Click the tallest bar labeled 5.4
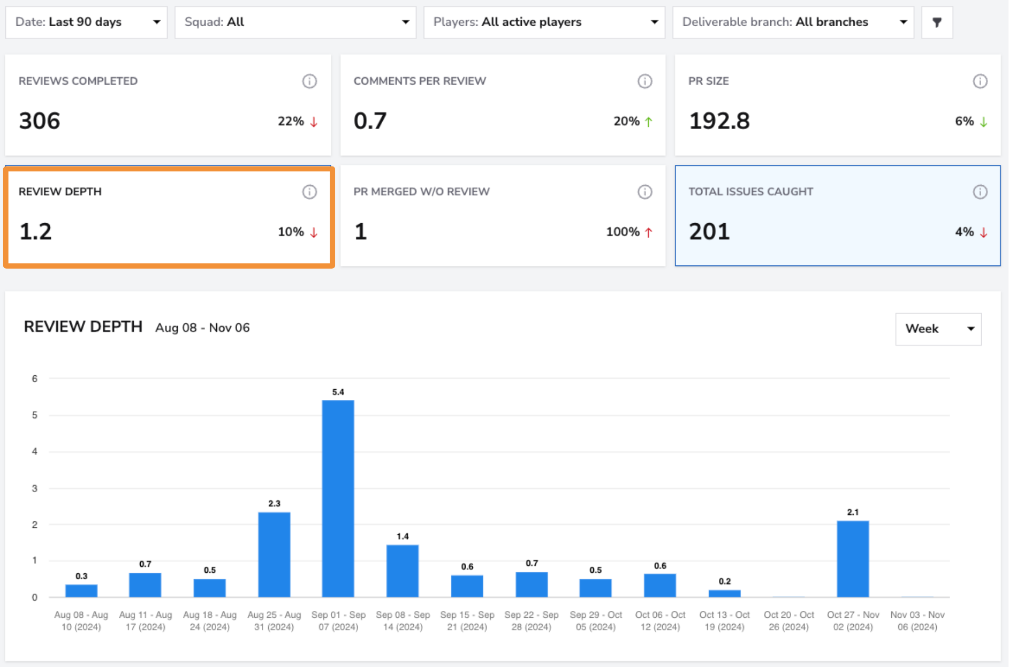338,498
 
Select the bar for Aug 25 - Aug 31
274,555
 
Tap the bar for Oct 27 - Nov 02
853,559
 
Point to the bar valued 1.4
403,571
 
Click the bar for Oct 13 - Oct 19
724,593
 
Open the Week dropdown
938,329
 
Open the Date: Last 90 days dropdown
86,22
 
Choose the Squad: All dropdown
295,22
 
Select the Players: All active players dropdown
544,22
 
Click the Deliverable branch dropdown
793,22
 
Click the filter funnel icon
937,22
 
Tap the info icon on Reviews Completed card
309,81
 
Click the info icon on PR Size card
980,81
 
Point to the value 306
40,121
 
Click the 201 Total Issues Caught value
709,232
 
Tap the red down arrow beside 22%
314,122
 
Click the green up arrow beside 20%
648,122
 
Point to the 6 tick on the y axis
35,378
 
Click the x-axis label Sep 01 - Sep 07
338,621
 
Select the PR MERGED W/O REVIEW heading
421,192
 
